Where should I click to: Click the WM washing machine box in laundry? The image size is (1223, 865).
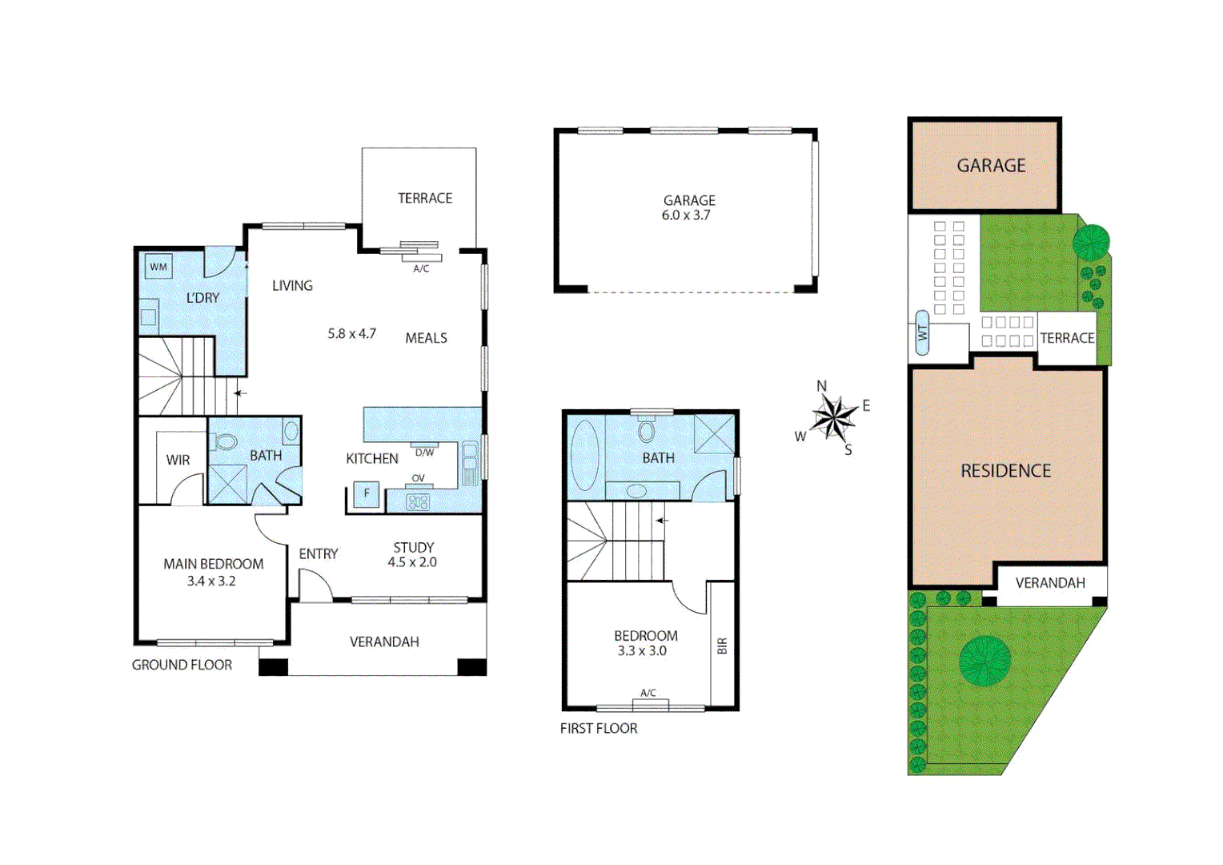pyautogui.click(x=158, y=267)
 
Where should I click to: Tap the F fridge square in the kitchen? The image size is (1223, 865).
pyautogui.click(x=367, y=493)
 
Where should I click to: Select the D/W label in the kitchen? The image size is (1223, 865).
pyautogui.click(x=424, y=453)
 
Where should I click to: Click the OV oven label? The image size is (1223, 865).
pyautogui.click(x=419, y=478)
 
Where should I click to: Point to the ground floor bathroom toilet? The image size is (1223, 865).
pyautogui.click(x=224, y=441)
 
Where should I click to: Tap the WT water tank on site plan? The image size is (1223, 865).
pyautogui.click(x=922, y=332)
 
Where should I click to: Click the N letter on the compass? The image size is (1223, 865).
pyautogui.click(x=822, y=386)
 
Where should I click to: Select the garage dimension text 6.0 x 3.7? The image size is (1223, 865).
pyautogui.click(x=686, y=215)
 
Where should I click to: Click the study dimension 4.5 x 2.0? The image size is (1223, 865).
pyautogui.click(x=412, y=562)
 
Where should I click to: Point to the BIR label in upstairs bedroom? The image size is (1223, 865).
pyautogui.click(x=722, y=646)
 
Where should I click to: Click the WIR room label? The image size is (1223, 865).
pyautogui.click(x=178, y=460)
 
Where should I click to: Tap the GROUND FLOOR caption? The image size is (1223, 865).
pyautogui.click(x=182, y=665)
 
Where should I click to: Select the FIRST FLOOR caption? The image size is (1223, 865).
pyautogui.click(x=599, y=728)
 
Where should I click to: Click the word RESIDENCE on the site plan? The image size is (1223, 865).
pyautogui.click(x=1006, y=471)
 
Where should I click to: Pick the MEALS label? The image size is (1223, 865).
pyautogui.click(x=426, y=338)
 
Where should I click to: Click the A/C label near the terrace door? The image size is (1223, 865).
pyautogui.click(x=421, y=269)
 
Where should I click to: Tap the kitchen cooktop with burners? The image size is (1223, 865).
pyautogui.click(x=418, y=501)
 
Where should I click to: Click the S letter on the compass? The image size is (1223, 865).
pyautogui.click(x=848, y=449)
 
